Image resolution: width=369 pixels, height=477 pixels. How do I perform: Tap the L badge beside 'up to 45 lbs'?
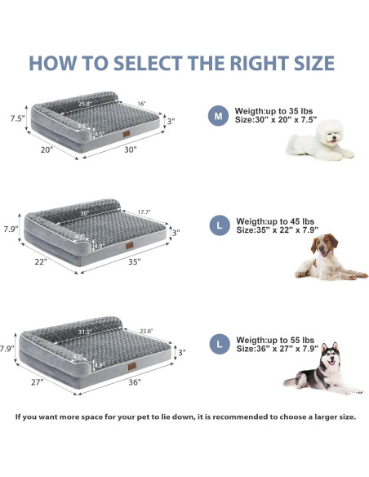coord(217,225)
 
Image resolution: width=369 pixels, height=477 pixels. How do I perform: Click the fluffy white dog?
coord(319,140)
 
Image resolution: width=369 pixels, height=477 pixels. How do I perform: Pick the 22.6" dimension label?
coord(149,331)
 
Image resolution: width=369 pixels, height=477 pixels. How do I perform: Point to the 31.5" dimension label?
coord(83,332)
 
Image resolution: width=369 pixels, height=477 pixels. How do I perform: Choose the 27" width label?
coord(37,381)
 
